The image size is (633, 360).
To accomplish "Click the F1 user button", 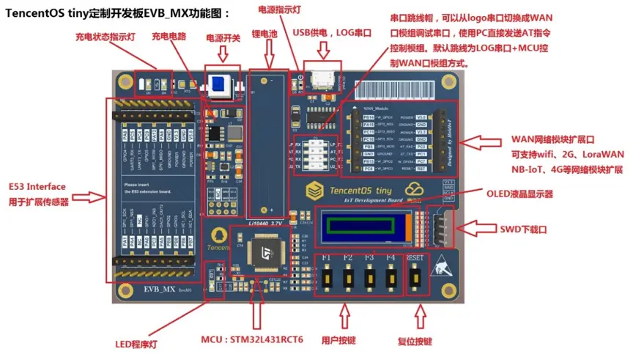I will pyautogui.click(x=326, y=278).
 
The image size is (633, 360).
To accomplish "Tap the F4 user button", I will pyautogui.click(x=390, y=278).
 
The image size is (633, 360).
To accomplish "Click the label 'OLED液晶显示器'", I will pyautogui.click(x=519, y=194).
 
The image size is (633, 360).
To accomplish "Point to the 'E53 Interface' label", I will pyautogui.click(x=37, y=186).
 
